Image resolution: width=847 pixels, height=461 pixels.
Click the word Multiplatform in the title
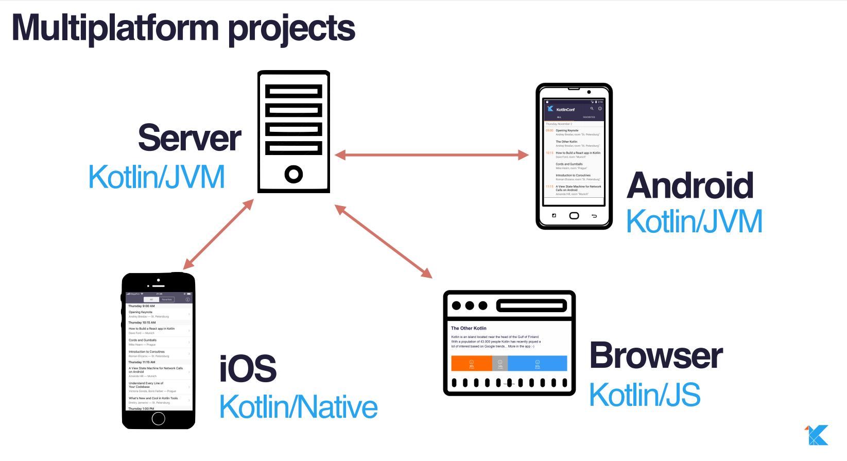point(115,28)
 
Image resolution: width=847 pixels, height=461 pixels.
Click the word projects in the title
point(291,29)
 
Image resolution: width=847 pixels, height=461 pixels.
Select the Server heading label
point(189,138)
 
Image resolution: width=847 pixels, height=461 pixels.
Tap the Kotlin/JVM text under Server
point(157,177)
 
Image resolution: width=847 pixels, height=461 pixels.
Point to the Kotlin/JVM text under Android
point(694,221)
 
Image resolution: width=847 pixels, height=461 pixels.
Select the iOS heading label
point(248,369)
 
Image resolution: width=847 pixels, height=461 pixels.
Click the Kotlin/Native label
point(298,407)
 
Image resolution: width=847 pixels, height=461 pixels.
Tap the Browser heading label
point(656,355)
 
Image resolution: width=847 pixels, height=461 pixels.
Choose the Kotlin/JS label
point(645,395)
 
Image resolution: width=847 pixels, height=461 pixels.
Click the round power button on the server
point(293,174)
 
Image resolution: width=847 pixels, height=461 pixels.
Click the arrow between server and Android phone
point(431,155)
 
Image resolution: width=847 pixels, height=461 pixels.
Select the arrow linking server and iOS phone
point(218,234)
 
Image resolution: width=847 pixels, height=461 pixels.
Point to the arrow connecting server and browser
point(383,241)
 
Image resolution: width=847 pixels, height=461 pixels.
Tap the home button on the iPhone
point(159,418)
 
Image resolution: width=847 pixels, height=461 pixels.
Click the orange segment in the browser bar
point(472,363)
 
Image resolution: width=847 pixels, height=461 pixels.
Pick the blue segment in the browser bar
point(537,363)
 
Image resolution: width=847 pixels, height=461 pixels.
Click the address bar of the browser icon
point(531,306)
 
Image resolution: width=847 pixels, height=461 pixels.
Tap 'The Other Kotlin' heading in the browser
point(469,328)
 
